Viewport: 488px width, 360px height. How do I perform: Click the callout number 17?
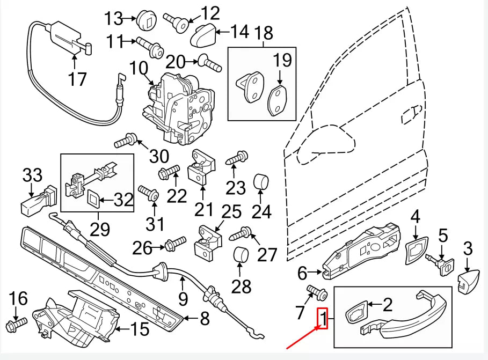tap(77, 79)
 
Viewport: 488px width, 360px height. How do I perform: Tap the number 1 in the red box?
tap(323, 320)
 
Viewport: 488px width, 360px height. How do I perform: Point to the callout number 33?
tap(32, 175)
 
